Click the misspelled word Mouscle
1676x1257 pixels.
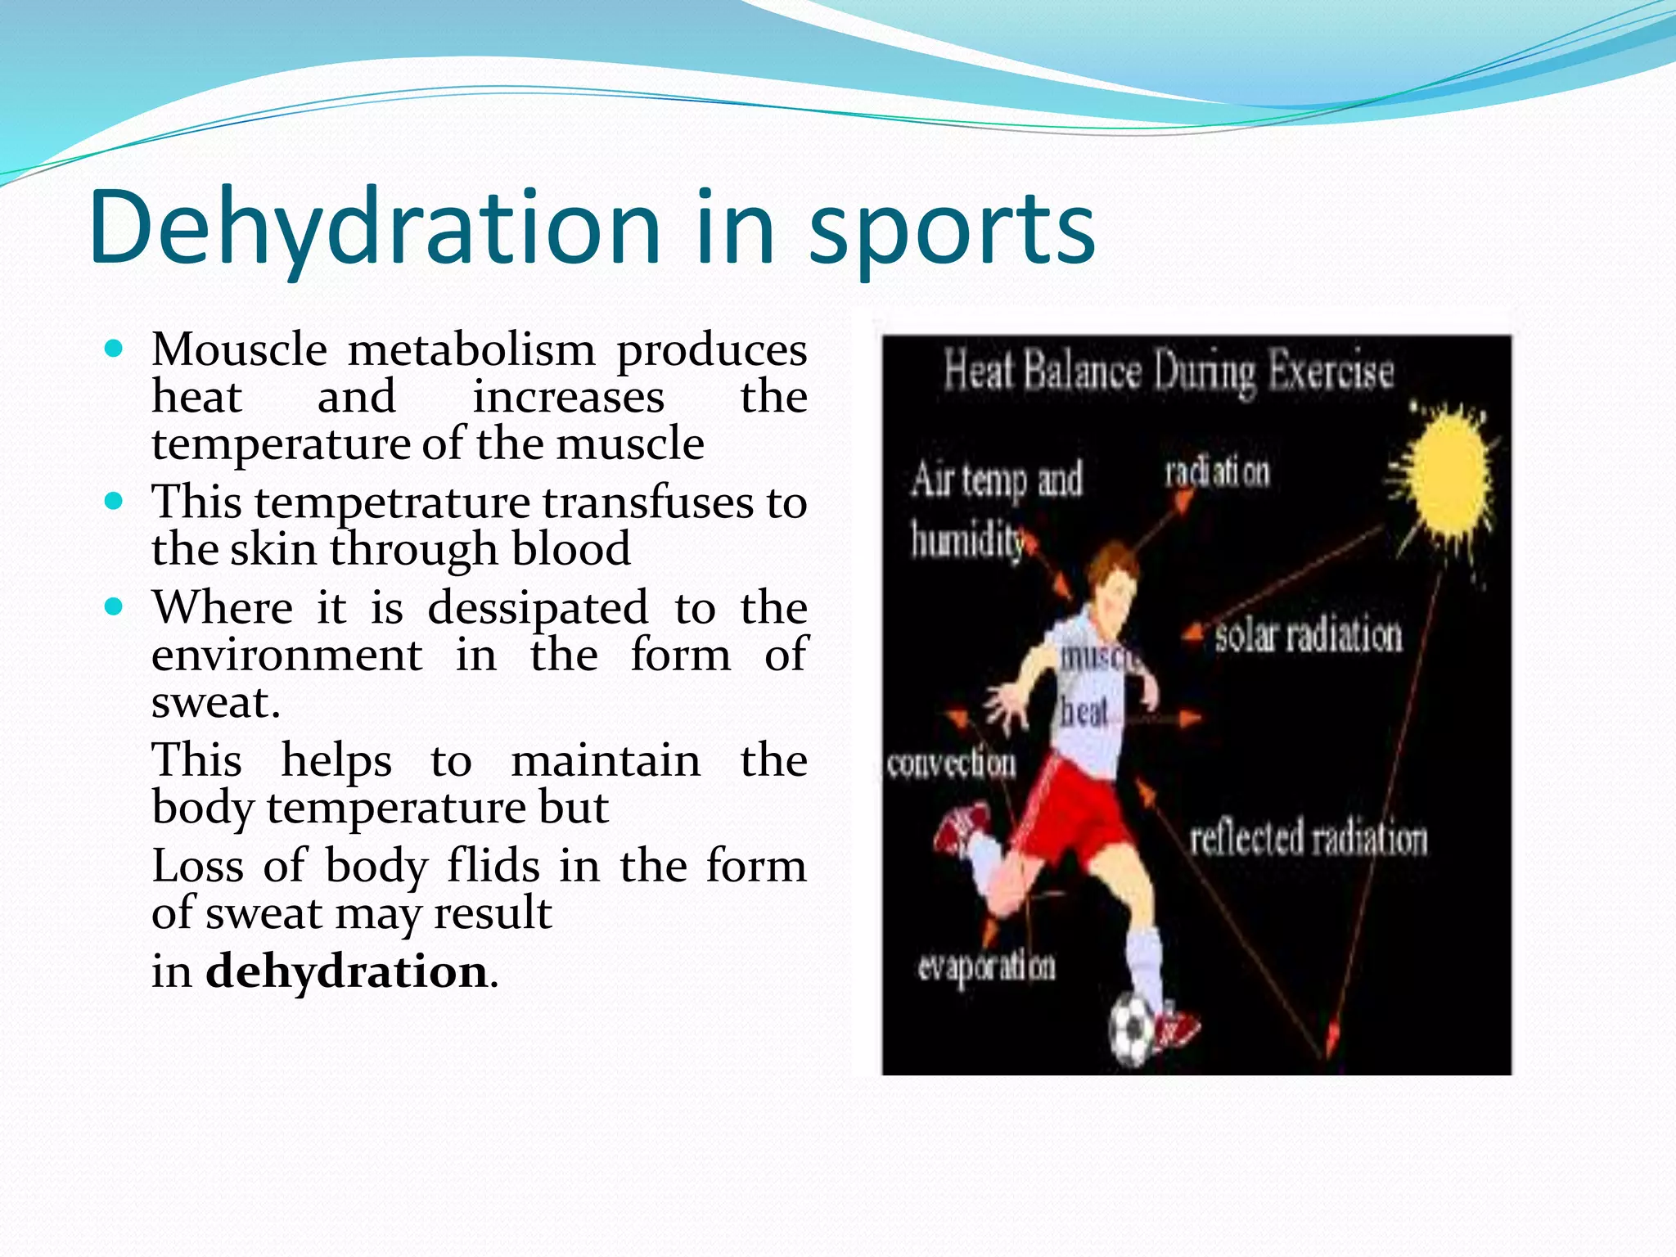point(240,350)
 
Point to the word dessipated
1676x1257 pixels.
point(538,609)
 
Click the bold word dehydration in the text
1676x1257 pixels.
point(347,972)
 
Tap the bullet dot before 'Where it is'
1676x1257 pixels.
point(115,607)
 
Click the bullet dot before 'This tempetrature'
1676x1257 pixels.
point(115,501)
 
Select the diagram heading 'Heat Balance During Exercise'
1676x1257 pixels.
point(1169,372)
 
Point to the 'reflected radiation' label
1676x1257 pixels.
point(1308,839)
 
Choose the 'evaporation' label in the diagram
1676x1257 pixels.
point(986,967)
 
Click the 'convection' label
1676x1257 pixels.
point(951,764)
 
